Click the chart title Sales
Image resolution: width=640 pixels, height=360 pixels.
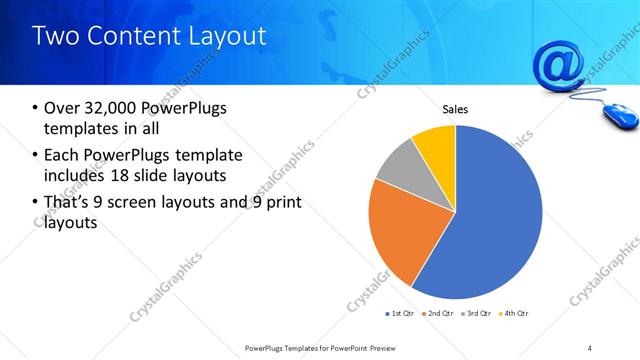pos(455,110)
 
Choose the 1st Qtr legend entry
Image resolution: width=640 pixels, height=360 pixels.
pos(402,313)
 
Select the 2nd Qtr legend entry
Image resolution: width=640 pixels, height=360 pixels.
pos(439,313)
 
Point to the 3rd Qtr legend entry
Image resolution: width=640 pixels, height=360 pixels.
pos(477,313)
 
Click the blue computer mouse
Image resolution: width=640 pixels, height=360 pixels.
pos(621,116)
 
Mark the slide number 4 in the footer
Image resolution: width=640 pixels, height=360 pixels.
pos(590,347)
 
